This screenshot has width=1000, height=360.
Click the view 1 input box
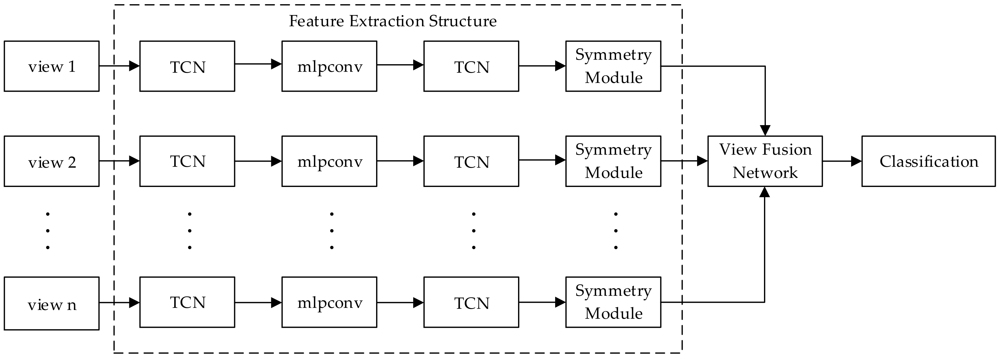click(x=52, y=66)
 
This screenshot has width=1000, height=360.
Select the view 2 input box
click(x=52, y=161)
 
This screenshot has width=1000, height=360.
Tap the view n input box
click(x=52, y=303)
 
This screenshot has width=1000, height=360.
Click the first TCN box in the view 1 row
click(x=187, y=66)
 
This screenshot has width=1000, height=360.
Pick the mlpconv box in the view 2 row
click(x=329, y=161)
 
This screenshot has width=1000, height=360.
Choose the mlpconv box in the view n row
click(x=329, y=302)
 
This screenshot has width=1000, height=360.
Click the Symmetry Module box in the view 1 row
click(x=613, y=66)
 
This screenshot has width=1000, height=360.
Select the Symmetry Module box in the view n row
click(x=613, y=302)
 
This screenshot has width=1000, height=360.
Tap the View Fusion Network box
click(x=765, y=161)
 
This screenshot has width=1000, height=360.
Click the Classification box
click(x=929, y=161)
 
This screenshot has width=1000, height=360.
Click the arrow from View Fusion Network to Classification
click(x=841, y=161)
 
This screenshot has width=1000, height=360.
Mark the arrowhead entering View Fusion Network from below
click(x=764, y=192)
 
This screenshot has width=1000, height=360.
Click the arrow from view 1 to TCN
click(x=119, y=66)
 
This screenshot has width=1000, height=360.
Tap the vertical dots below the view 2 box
click(x=48, y=231)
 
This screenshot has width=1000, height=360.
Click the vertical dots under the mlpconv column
click(x=332, y=231)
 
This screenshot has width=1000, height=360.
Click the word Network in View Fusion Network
click(x=765, y=173)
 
